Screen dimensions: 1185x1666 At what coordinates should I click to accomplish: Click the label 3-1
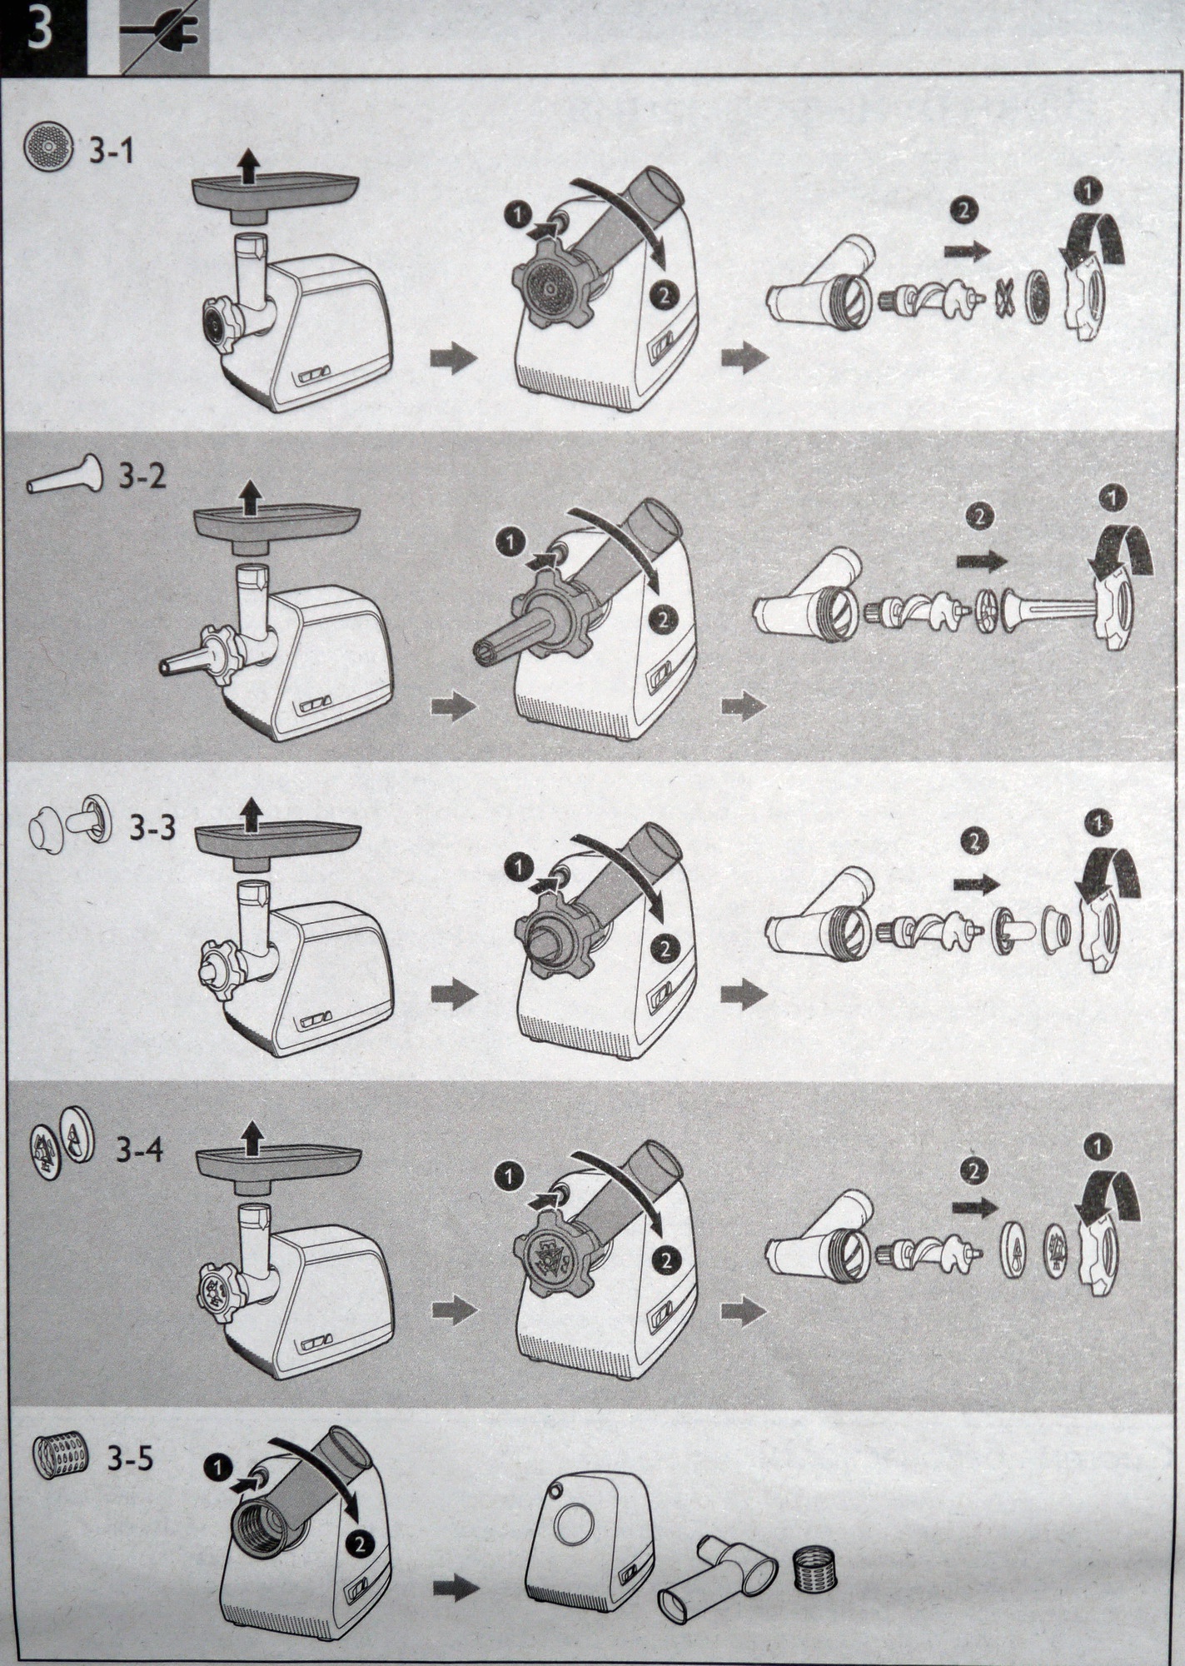click(x=110, y=152)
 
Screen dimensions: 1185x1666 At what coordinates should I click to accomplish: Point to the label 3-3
click(x=152, y=827)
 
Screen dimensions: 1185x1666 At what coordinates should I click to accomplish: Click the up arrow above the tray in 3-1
click(x=246, y=167)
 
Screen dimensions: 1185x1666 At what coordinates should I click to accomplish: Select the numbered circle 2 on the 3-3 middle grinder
click(x=665, y=949)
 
